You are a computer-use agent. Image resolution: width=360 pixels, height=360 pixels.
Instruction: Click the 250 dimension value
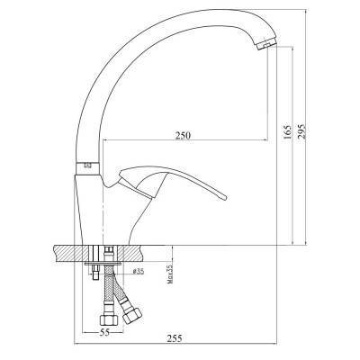coord(183,135)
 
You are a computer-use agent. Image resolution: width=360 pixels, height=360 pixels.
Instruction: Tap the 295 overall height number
coord(301,130)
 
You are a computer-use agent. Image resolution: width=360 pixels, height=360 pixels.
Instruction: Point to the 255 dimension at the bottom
coord(175,338)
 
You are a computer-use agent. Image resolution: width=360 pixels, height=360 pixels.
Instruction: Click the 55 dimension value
coord(103,332)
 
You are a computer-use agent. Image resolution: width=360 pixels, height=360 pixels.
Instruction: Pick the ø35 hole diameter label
coord(139,272)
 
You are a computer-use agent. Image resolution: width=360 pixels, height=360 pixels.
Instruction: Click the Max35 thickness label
coord(170,274)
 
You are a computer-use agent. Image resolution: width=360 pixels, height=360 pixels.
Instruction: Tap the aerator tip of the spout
coord(267,45)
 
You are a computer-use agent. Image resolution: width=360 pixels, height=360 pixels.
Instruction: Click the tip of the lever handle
coord(224,197)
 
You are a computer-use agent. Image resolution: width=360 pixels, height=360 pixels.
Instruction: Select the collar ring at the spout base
coord(87,168)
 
